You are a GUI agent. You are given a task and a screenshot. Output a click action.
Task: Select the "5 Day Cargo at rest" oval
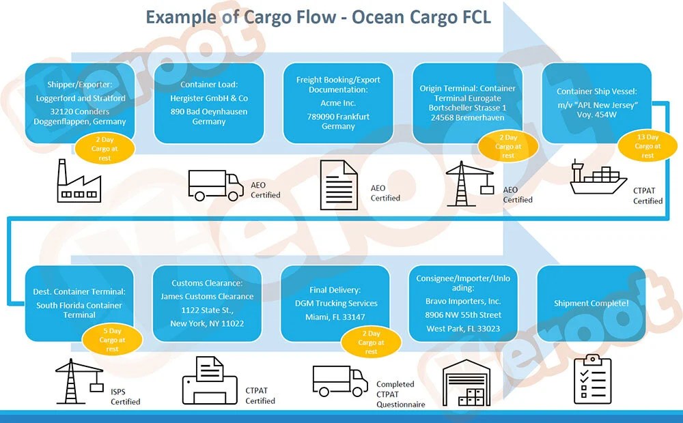112,340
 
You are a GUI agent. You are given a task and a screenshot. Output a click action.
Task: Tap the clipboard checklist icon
591,379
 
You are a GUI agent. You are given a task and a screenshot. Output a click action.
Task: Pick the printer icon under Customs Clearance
209,381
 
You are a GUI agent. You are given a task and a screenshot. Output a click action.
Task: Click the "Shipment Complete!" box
591,303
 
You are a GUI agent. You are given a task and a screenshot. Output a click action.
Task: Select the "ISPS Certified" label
125,396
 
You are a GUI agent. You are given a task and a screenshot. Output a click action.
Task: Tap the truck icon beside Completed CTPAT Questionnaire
339,381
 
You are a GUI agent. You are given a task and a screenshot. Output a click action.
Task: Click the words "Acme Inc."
338,103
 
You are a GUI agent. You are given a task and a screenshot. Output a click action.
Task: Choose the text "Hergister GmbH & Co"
209,98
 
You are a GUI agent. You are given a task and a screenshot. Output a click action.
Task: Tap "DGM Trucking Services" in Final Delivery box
336,303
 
